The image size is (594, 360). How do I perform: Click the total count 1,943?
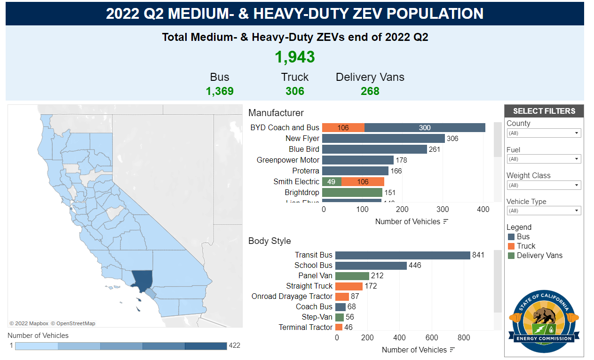295,57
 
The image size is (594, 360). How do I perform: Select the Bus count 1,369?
220,91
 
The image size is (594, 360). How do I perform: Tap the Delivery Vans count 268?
370,91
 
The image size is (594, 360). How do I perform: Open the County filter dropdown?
544,133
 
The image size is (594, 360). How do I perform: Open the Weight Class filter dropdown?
544,185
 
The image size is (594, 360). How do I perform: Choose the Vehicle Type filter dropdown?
544,211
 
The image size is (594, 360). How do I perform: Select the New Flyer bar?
383,138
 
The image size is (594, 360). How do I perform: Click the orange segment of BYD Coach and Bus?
343,127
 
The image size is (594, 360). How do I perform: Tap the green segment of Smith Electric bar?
332,181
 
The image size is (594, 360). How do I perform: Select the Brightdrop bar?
352,192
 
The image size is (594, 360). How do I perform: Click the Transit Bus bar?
403,255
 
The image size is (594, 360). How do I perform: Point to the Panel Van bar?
352,276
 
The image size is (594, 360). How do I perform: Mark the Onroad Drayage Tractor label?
292,297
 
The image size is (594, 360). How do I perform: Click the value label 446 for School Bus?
415,266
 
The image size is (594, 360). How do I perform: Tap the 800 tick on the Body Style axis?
464,337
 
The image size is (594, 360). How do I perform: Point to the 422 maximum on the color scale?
235,345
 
